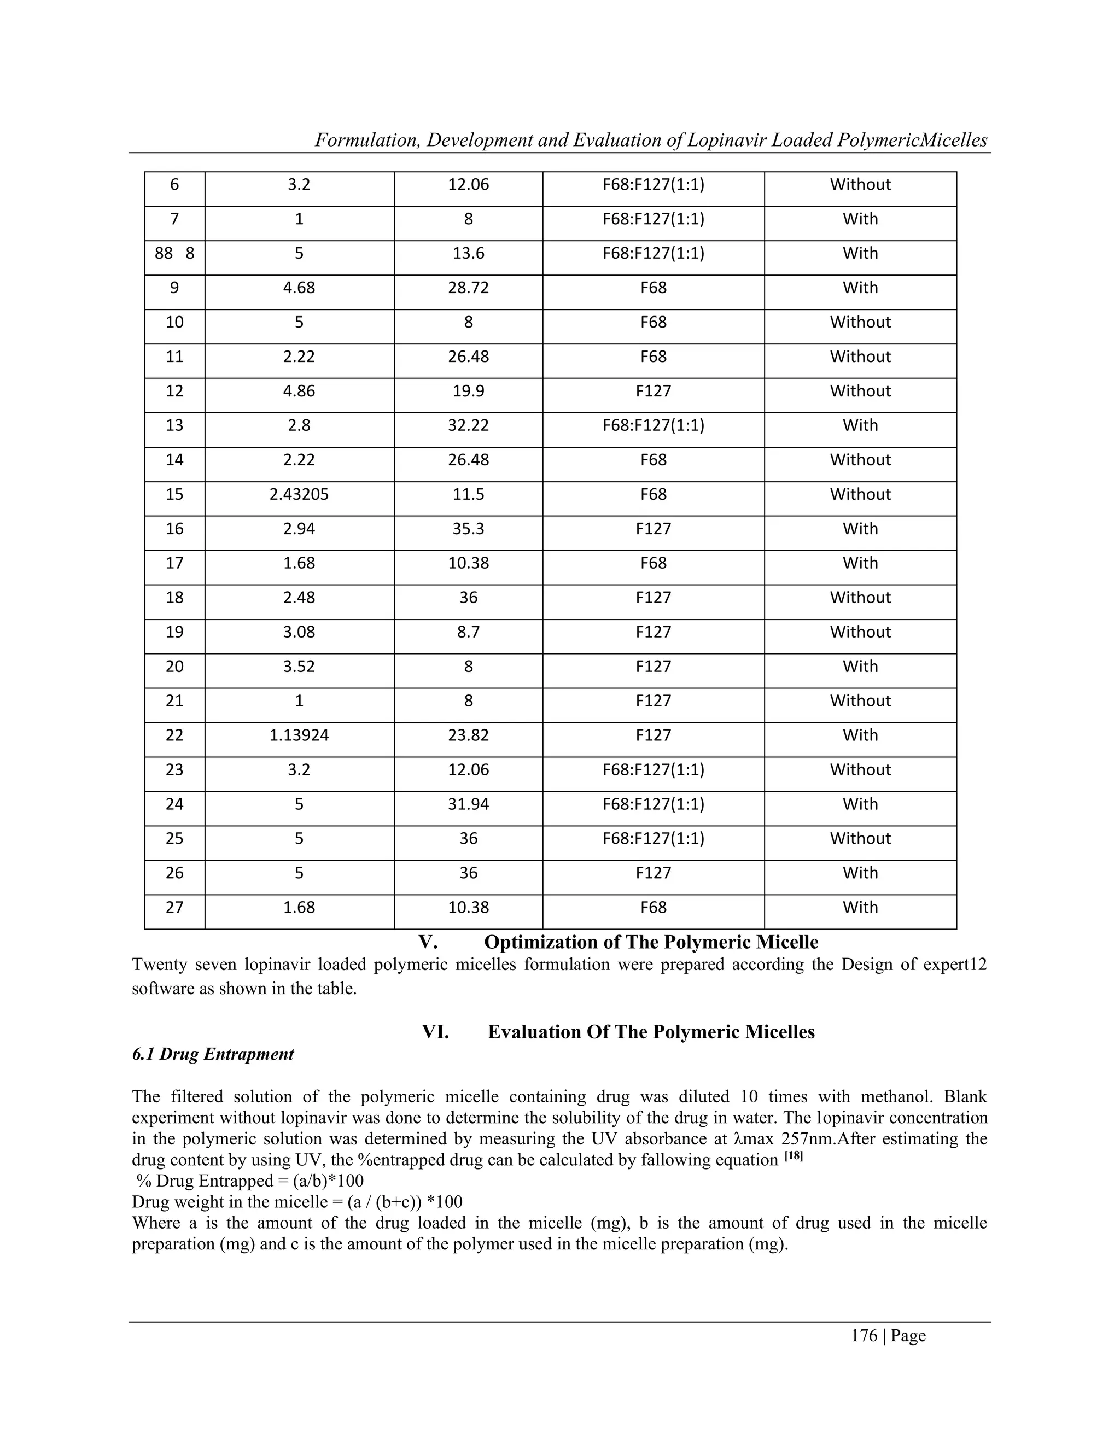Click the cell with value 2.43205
[299, 494]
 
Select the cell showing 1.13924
[299, 735]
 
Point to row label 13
[174, 425]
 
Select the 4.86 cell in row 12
[299, 391]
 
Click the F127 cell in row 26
[653, 873]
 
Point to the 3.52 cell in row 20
[299, 666]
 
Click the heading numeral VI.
[435, 1032]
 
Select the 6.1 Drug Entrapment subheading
[212, 1054]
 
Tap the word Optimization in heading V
[535, 942]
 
